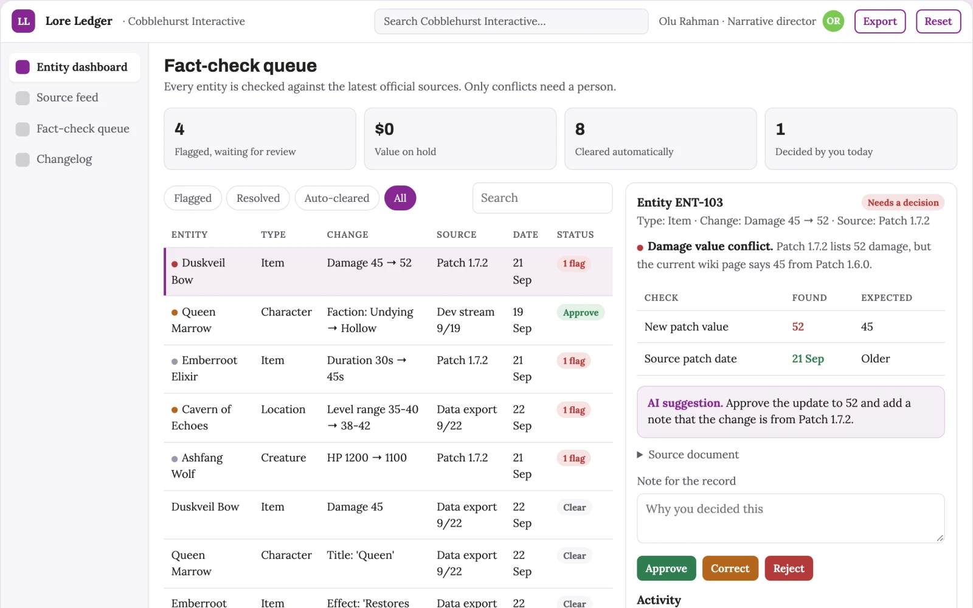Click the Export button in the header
879,21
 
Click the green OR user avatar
833,21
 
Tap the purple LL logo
24,21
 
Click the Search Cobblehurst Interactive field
511,21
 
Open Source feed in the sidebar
68,97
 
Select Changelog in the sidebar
64,159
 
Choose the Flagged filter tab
193,198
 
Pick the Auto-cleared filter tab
337,198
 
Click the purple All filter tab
400,198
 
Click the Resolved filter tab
258,198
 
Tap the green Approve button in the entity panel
667,568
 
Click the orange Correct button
730,568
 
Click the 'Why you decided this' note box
791,518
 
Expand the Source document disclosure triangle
640,455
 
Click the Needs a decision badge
903,202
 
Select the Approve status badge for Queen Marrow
581,313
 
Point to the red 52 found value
798,326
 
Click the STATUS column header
575,235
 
